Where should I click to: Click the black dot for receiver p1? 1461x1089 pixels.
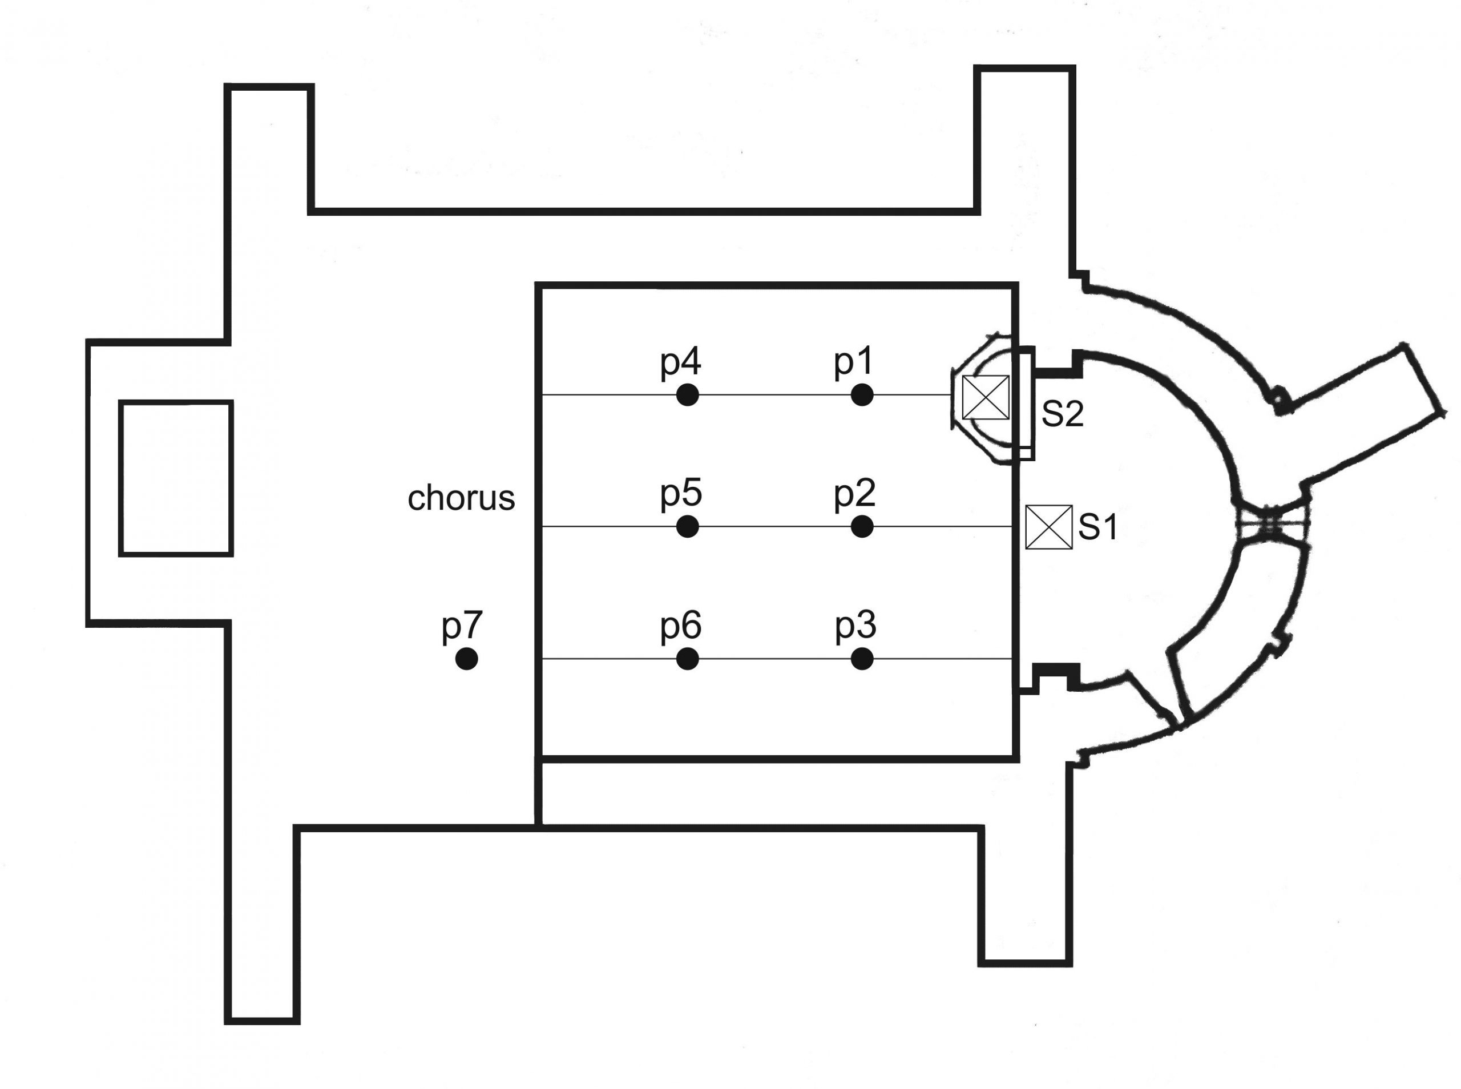click(x=862, y=395)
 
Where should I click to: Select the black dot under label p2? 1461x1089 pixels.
click(x=862, y=527)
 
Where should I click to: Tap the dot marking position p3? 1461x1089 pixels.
click(x=862, y=659)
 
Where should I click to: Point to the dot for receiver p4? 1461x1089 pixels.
click(x=687, y=395)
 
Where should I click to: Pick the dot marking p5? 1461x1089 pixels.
click(x=687, y=527)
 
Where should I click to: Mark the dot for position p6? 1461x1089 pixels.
click(x=687, y=659)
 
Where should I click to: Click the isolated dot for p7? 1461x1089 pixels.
click(x=467, y=659)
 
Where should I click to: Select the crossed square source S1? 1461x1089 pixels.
click(x=1048, y=527)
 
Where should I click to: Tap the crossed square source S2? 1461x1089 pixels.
click(x=985, y=397)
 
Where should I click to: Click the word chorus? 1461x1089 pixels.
click(x=461, y=498)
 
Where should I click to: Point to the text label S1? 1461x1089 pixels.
click(x=1098, y=527)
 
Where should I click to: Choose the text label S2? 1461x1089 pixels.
click(x=1062, y=414)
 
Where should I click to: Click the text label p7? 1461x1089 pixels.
click(x=462, y=626)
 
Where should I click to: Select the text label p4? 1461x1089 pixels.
click(x=680, y=362)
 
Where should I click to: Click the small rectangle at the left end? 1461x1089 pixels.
click(x=176, y=478)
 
